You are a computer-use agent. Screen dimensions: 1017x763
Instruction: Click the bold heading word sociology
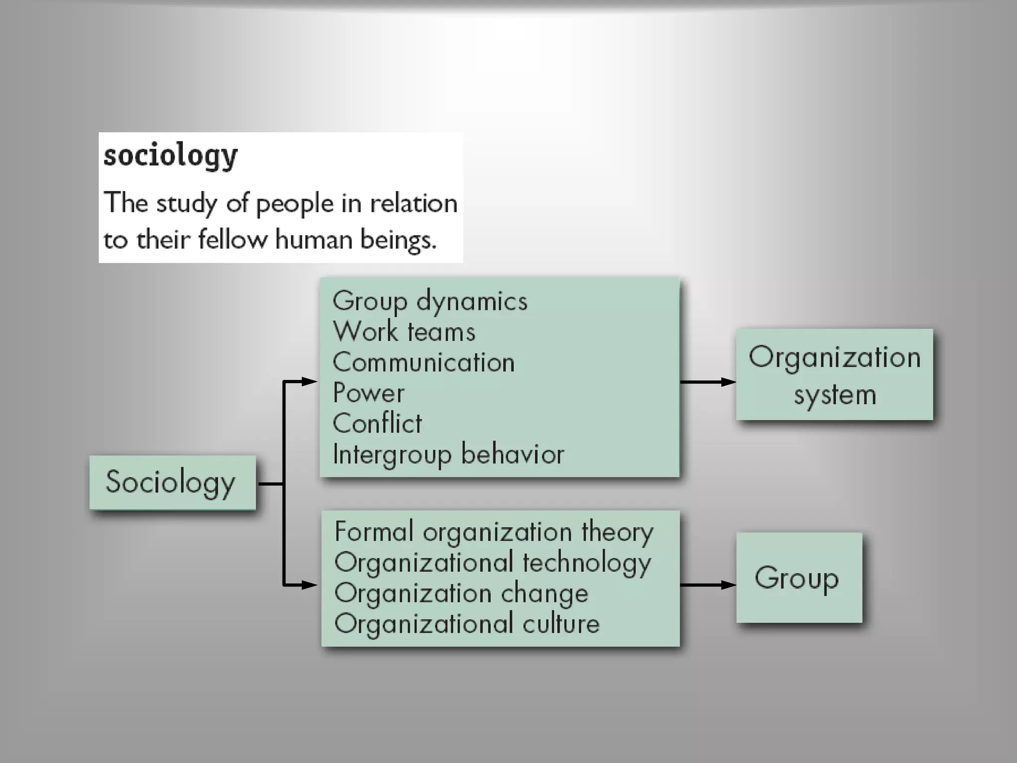(x=170, y=155)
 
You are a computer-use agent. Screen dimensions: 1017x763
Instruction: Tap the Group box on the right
(x=799, y=578)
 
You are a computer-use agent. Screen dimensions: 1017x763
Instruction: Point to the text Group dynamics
(x=430, y=301)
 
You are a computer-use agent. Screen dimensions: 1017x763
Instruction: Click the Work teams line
(x=404, y=331)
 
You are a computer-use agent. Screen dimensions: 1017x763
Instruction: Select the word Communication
(x=423, y=362)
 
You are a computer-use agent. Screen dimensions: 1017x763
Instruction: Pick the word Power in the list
(x=368, y=393)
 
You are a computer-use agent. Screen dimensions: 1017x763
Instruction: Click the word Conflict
(x=377, y=424)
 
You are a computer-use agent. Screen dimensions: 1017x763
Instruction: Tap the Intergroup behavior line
(x=448, y=454)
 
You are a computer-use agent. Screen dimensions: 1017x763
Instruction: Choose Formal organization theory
(x=494, y=532)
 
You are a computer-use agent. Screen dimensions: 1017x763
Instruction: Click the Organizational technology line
(x=492, y=563)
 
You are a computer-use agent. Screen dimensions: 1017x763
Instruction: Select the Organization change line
(x=461, y=594)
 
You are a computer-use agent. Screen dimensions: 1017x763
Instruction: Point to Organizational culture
(x=467, y=624)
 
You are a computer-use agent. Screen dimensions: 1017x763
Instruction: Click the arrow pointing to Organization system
(x=708, y=382)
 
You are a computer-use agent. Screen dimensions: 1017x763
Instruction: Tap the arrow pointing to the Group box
(x=708, y=585)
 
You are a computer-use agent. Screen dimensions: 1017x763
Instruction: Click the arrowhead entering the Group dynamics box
(x=309, y=381)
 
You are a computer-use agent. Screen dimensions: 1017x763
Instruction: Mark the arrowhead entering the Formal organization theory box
(x=309, y=585)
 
